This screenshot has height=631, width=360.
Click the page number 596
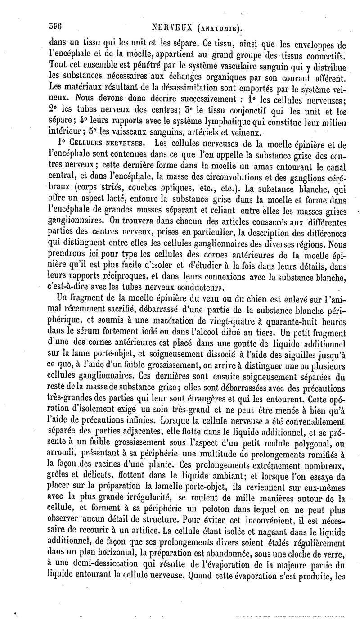click(54, 27)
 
